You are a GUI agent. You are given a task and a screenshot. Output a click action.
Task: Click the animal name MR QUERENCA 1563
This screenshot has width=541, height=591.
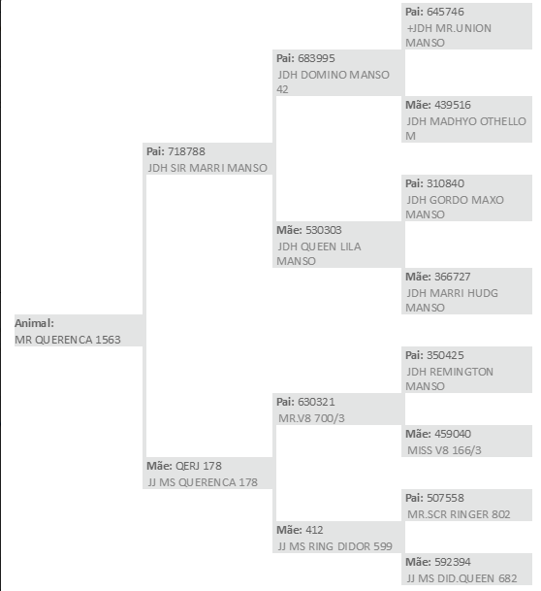(68, 340)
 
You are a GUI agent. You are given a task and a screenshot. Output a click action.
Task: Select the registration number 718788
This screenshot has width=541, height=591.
(186, 151)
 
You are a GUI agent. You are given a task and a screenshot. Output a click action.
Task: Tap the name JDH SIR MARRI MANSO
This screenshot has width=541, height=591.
(207, 168)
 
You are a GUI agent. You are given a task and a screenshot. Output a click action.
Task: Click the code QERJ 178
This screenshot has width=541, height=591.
(199, 466)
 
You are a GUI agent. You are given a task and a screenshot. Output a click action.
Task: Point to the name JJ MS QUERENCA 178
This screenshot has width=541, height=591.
(203, 482)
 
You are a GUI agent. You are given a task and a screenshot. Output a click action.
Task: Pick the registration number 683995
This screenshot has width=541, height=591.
(316, 58)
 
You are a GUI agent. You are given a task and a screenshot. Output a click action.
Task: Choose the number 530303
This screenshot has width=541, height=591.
(324, 230)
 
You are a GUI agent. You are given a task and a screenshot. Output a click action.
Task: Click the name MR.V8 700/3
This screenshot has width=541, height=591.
(311, 418)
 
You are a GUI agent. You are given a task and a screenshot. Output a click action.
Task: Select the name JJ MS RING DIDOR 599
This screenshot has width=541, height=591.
(335, 546)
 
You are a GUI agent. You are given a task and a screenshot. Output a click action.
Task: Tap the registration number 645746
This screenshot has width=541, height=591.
(445, 12)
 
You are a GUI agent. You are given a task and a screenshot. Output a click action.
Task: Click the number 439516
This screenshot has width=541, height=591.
(453, 105)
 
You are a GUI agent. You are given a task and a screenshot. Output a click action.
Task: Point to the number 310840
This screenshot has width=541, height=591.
(445, 183)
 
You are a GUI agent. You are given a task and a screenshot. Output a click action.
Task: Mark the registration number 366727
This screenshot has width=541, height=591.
(453, 277)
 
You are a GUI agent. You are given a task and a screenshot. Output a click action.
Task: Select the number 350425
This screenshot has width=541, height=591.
(445, 355)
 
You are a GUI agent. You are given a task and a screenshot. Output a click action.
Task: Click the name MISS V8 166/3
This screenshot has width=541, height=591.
(444, 450)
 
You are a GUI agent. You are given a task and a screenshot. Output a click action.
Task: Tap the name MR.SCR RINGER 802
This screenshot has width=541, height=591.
(459, 514)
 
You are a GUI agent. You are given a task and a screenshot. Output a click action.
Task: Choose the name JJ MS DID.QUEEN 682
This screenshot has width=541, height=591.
(461, 578)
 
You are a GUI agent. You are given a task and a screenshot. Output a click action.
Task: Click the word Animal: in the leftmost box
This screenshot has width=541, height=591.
(34, 323)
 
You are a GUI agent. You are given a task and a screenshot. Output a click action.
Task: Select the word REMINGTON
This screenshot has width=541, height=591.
(461, 372)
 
